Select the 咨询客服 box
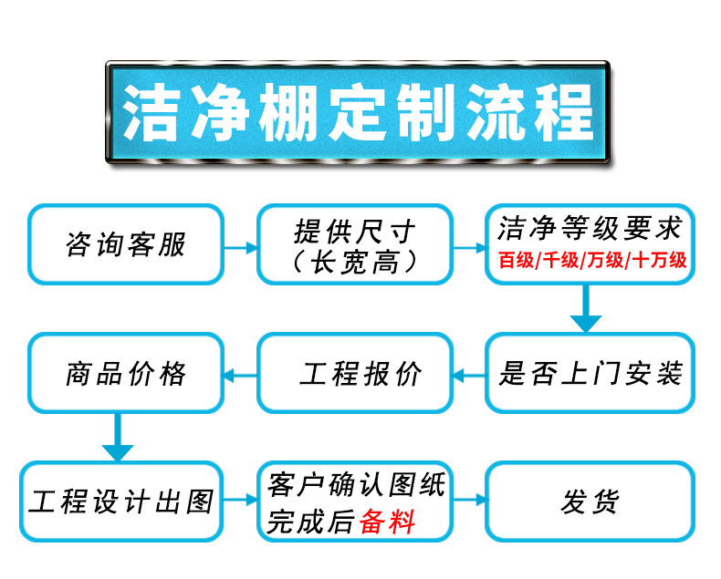[126, 244]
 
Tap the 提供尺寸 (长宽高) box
[355, 244]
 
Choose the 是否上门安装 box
[590, 373]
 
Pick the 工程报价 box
[355, 373]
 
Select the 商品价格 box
[126, 373]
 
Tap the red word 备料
[388, 522]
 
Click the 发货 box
[590, 501]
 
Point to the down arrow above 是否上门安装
[585, 310]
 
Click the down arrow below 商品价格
[118, 438]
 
